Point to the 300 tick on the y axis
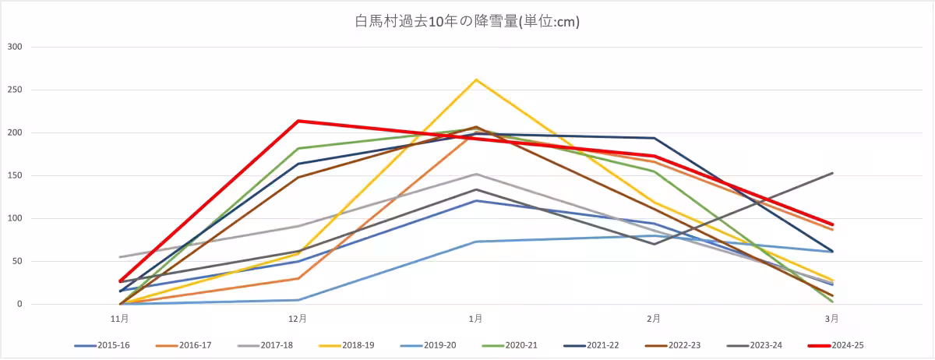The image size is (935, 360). pos(16,47)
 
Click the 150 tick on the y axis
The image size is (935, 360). pos(16,175)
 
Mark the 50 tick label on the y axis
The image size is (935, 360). pos(18,261)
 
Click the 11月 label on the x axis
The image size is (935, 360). pos(119,318)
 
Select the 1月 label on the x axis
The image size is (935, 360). pos(475,318)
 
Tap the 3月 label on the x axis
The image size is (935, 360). pos(832,318)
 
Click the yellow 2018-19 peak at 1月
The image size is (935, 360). pos(476,79)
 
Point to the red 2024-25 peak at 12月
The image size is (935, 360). pos(298,121)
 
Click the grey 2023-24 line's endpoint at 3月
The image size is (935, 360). pos(832,173)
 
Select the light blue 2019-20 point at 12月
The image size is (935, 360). pos(298,300)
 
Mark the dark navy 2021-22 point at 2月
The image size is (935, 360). pos(654,138)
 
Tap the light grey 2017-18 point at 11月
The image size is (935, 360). pos(119,257)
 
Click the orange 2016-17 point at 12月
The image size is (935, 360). pos(298,278)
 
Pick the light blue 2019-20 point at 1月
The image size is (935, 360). pos(476,242)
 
